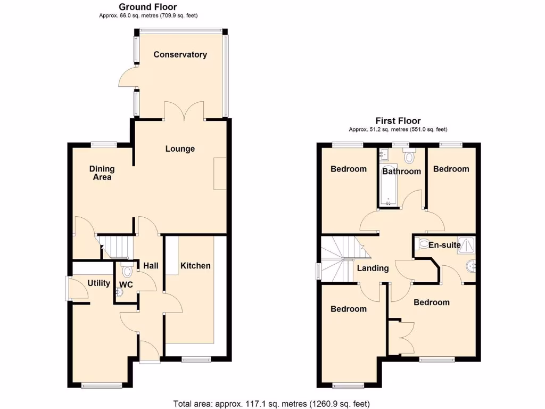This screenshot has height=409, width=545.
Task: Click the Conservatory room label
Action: point(180,54)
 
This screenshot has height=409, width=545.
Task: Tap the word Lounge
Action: point(180,149)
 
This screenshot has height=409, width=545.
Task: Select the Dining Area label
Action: point(102,173)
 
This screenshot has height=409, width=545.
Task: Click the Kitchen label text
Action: point(195,266)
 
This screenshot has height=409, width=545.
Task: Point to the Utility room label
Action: point(98,283)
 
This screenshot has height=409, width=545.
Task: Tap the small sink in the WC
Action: point(119,291)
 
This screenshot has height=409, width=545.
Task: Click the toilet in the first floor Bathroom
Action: point(409,157)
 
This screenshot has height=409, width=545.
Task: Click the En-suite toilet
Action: point(424,245)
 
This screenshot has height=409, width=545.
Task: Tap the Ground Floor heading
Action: point(147,7)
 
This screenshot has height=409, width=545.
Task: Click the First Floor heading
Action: point(398,121)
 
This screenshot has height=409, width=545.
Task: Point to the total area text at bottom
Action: point(271,403)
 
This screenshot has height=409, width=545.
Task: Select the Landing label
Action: point(373,268)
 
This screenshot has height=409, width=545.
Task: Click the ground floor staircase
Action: point(116,247)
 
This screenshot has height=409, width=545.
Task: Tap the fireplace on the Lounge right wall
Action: point(219,174)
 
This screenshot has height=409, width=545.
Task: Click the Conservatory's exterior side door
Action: point(127,79)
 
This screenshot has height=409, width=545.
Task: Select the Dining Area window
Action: point(103,143)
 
